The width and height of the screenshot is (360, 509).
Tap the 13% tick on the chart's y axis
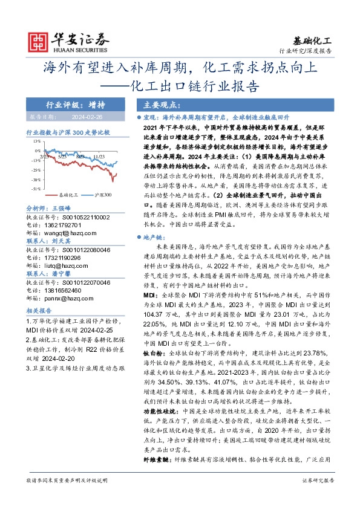point(38,142)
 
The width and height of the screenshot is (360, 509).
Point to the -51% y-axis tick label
point(37,189)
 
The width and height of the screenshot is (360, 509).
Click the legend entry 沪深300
point(103,195)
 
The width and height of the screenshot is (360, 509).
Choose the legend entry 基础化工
point(67,195)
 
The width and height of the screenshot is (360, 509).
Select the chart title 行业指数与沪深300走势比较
point(68,131)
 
